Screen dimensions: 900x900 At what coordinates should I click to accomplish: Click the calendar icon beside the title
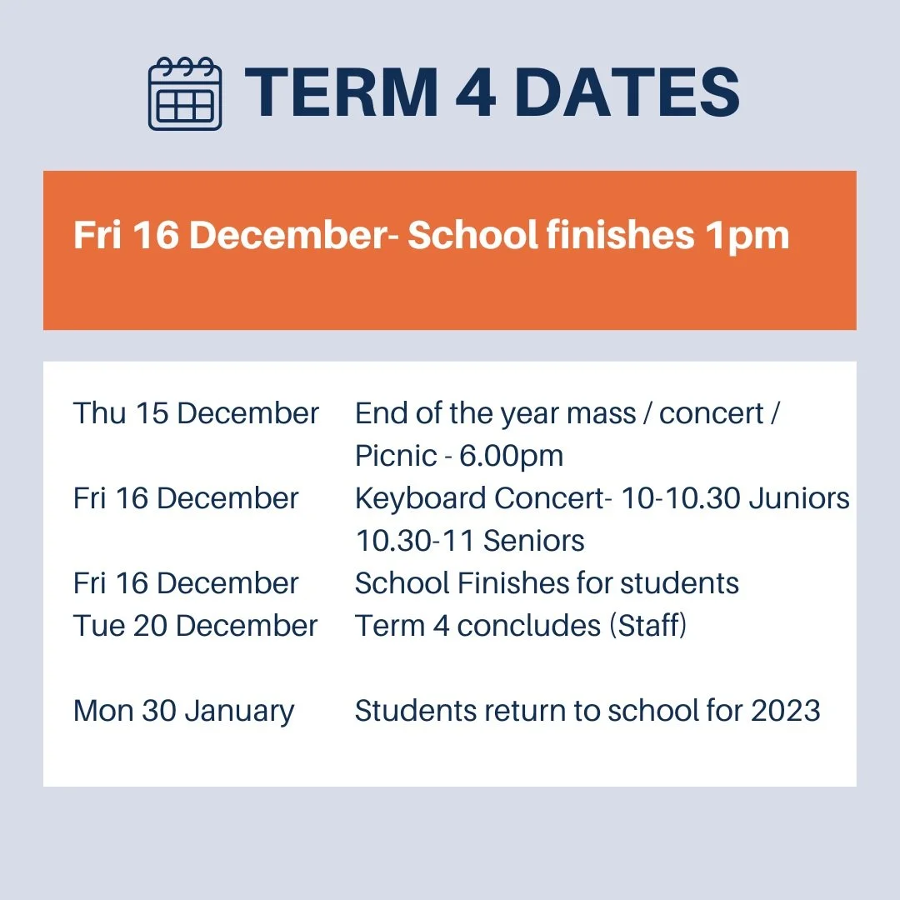pyautogui.click(x=185, y=93)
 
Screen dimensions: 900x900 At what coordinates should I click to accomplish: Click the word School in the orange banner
pyautogui.click(x=472, y=236)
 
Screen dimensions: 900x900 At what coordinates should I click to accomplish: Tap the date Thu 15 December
pyautogui.click(x=196, y=413)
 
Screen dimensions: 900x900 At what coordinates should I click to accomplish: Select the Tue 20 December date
pyautogui.click(x=195, y=626)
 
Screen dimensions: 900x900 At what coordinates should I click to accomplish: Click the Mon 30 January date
pyautogui.click(x=183, y=712)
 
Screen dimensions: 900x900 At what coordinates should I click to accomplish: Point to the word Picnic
pyautogui.click(x=396, y=456)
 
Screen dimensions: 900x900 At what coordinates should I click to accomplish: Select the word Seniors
pyautogui.click(x=534, y=541)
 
